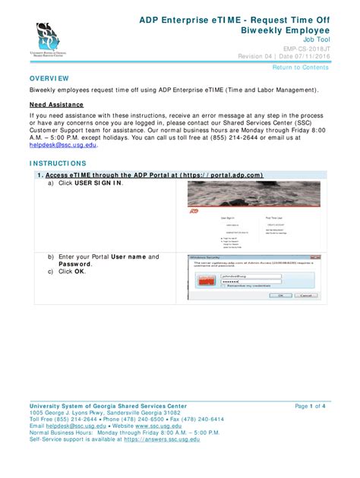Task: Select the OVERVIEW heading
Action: [49, 79]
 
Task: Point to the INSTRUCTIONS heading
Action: [58, 163]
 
